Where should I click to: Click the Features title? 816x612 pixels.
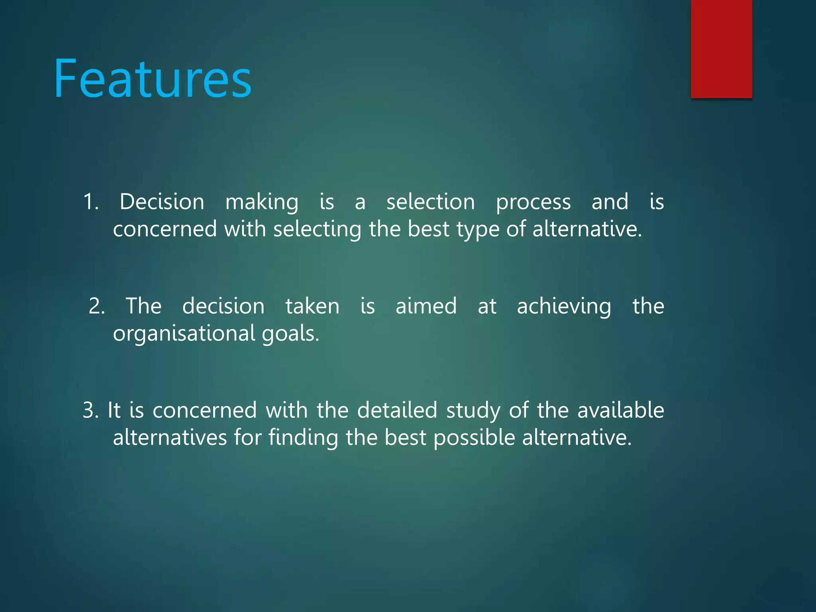(x=153, y=78)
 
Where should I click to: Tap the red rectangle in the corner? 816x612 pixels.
(x=721, y=49)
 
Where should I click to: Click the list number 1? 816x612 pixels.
(x=91, y=202)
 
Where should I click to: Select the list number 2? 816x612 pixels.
(x=97, y=306)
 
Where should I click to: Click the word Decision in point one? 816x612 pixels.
(x=162, y=202)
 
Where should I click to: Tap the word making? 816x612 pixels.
(x=262, y=202)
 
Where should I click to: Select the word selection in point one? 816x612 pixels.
(x=430, y=202)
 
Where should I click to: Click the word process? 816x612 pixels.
(x=533, y=202)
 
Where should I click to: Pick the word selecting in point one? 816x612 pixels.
(x=317, y=229)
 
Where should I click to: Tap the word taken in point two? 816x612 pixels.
(x=312, y=306)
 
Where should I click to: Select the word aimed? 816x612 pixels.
(x=426, y=306)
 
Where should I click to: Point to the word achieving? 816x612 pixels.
(x=564, y=307)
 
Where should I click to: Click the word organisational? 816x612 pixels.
(x=184, y=334)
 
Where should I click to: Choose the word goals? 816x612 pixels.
(x=290, y=334)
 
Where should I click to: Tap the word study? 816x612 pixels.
(x=473, y=411)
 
